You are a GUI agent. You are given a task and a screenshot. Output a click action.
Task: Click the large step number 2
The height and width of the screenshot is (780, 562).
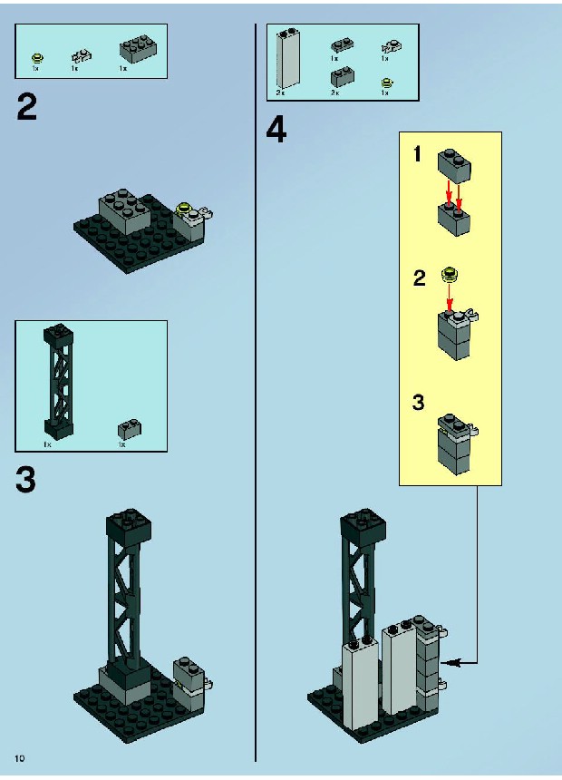point(27,107)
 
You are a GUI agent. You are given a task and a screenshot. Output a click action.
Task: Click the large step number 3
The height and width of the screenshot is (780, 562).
point(26,480)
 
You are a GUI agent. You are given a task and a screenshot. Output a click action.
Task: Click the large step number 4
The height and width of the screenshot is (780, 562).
point(276,131)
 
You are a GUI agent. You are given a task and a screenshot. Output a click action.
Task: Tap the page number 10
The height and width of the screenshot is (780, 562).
point(20,758)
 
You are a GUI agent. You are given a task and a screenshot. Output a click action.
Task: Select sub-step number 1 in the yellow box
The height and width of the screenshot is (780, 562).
point(417,154)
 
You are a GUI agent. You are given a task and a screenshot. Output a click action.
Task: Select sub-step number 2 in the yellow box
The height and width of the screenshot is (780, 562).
point(420,278)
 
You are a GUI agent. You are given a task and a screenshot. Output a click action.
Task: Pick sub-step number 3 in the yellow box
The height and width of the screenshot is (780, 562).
point(418,402)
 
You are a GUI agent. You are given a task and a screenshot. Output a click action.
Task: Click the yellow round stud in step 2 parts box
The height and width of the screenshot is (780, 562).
point(37,58)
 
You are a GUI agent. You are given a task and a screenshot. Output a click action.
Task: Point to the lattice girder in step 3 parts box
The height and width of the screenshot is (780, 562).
point(58,382)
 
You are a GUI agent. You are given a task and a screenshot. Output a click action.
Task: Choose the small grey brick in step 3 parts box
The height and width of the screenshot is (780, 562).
point(129,429)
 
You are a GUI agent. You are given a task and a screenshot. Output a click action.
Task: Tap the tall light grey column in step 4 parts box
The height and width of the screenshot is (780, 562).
point(288,57)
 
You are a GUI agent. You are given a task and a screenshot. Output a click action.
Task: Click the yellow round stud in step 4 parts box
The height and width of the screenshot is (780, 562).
point(385,83)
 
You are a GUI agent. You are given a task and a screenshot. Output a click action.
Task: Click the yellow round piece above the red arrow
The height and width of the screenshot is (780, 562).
point(451,275)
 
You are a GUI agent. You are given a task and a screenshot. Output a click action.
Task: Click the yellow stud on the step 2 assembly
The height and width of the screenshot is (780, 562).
point(185,208)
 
